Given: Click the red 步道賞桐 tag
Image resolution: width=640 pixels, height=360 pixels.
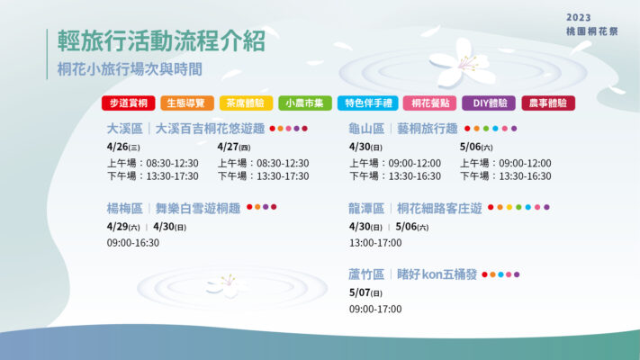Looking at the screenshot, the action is point(128,103).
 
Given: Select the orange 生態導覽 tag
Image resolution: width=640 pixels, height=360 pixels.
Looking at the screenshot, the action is point(187,103).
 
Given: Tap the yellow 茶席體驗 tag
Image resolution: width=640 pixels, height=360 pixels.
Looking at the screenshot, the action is point(246,103).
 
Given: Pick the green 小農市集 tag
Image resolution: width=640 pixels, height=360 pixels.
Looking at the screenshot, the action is point(305,103).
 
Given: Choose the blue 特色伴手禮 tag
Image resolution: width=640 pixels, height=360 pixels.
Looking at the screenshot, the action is point(368,103).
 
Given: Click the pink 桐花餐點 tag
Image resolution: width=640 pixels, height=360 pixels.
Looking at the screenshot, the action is point(429,103).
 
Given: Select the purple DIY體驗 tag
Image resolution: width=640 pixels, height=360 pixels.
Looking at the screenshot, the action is point(489,103).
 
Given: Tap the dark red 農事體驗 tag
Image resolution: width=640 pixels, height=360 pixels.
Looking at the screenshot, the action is point(548,103).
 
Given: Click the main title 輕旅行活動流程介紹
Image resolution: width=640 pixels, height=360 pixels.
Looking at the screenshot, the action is point(162,40).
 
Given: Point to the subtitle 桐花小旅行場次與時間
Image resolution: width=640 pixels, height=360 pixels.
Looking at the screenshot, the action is point(130,69).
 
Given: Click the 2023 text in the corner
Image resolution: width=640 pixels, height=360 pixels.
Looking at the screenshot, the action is point(579,18).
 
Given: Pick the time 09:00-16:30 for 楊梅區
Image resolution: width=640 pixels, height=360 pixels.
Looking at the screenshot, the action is point(133,243).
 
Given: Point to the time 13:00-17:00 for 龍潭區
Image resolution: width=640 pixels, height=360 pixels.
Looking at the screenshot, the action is point(375,243).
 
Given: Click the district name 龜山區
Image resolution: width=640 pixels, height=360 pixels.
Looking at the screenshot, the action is point(366,129).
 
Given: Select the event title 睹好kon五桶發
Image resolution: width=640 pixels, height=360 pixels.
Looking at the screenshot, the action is point(437,274).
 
